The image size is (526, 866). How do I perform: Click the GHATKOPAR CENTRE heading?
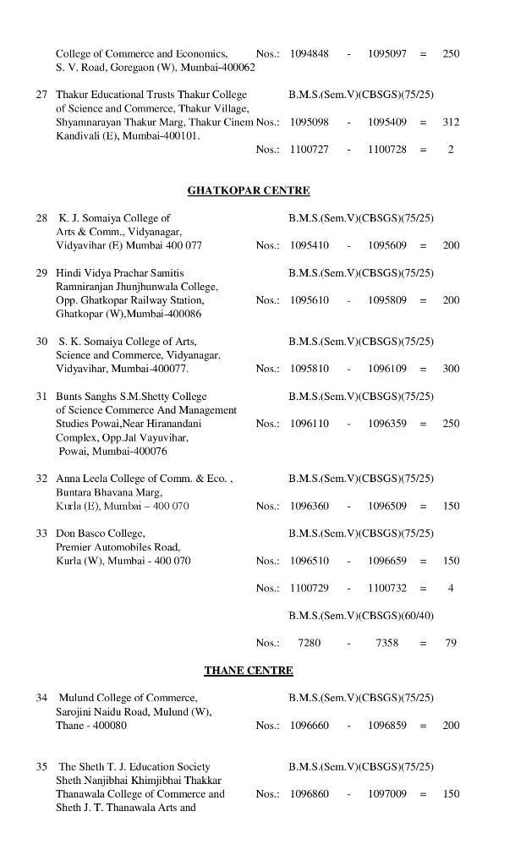[x=248, y=190]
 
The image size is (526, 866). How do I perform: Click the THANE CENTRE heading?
[x=248, y=670]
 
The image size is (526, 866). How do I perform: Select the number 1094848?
[x=309, y=53]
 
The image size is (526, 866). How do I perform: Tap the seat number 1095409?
[x=386, y=122]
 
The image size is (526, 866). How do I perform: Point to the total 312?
[x=451, y=122]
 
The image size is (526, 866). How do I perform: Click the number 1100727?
[x=309, y=149]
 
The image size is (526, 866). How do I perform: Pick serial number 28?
[x=41, y=217]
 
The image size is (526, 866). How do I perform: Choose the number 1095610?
[x=309, y=300]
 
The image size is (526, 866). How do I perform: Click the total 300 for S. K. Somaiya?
[x=451, y=369]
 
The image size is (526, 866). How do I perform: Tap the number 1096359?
[x=386, y=423]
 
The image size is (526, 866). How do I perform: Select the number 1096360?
[x=309, y=506]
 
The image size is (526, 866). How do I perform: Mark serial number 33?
[x=41, y=533]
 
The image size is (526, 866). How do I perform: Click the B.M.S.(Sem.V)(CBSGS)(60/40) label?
[x=360, y=615]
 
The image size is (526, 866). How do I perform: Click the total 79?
[x=451, y=643]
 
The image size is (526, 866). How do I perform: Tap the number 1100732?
[x=386, y=588]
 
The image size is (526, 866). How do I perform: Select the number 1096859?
[x=386, y=725]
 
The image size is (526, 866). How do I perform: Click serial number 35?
[x=41, y=766]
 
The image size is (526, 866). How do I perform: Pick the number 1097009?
[x=386, y=794]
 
